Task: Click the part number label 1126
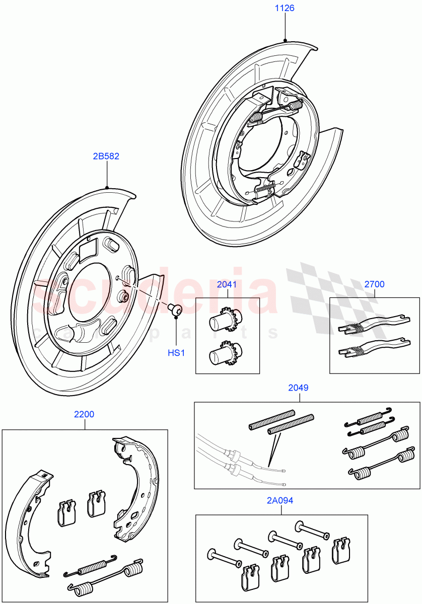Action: pyautogui.click(x=285, y=8)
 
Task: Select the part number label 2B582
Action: pyautogui.click(x=106, y=156)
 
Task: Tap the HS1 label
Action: pyautogui.click(x=176, y=353)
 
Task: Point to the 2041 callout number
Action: pyautogui.click(x=227, y=284)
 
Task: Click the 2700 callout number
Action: pyautogui.click(x=374, y=284)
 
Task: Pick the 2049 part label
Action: pyautogui.click(x=299, y=388)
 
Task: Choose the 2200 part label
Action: pyautogui.click(x=84, y=415)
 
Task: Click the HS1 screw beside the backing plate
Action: pyautogui.click(x=175, y=310)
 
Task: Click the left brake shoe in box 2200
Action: pyautogui.click(x=28, y=523)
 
